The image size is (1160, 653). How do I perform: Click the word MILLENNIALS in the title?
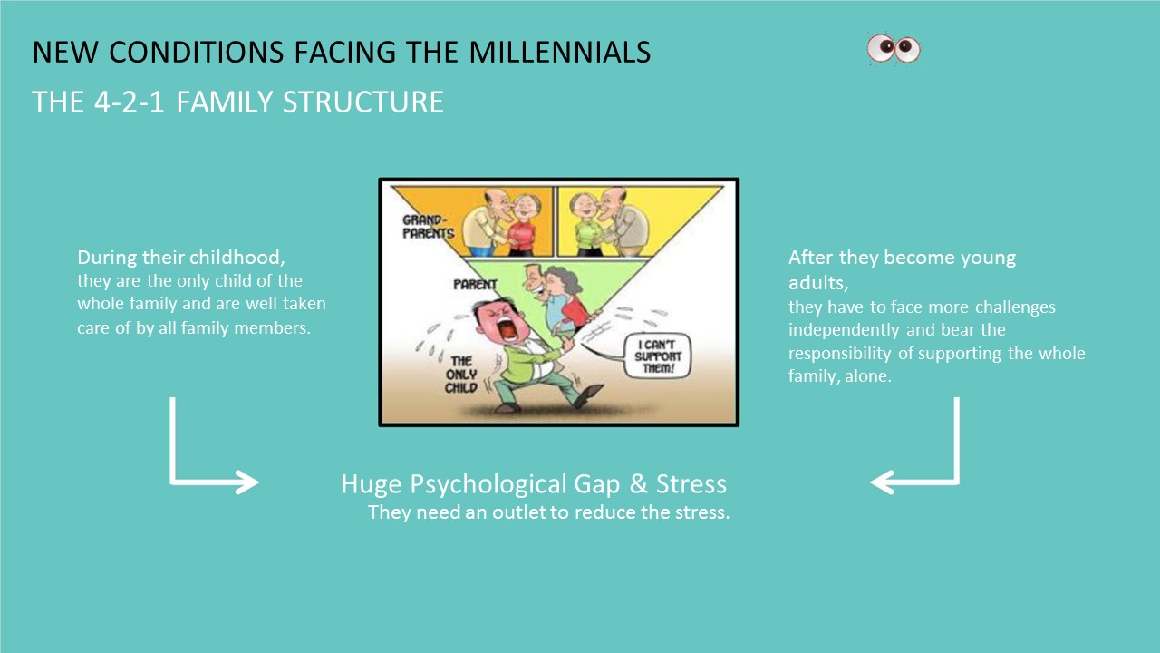560,52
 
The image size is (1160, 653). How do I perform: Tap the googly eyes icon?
894,49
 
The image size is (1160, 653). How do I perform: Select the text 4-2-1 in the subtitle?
130,102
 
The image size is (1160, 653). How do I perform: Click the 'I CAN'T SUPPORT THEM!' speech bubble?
658,356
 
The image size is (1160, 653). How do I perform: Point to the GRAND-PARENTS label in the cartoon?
428,227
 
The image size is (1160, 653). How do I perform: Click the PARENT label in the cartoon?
475,285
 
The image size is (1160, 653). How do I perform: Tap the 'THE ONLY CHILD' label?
461,375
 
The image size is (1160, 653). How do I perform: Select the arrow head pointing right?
246,482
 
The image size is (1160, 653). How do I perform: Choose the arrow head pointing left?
883,482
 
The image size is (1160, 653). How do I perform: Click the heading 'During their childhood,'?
180,257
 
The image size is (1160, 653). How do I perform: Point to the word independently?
844,330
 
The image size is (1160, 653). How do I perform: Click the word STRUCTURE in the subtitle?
363,102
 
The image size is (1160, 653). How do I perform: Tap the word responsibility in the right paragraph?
840,354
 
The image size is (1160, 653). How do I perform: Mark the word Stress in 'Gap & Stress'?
691,483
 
